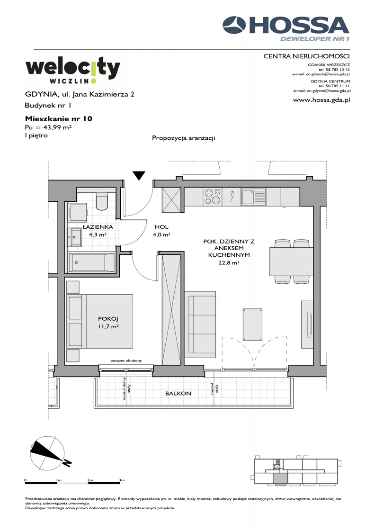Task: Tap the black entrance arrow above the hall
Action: click(x=139, y=175)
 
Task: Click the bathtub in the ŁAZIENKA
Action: click(x=92, y=262)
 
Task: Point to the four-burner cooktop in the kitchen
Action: click(x=212, y=197)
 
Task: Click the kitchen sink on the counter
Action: click(x=253, y=197)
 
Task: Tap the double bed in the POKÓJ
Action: click(x=100, y=321)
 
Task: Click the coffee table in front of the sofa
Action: click(x=252, y=324)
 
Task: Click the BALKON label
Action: click(x=178, y=394)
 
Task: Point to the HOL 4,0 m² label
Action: click(x=162, y=231)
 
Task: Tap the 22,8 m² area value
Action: click(x=229, y=262)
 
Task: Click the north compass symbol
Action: click(x=49, y=453)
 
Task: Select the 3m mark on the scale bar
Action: click(x=122, y=480)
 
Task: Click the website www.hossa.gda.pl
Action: click(x=321, y=100)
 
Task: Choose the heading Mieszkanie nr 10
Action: click(x=59, y=118)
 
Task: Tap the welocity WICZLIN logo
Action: click(x=73, y=71)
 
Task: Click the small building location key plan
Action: click(x=296, y=471)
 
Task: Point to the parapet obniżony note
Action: click(x=126, y=360)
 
